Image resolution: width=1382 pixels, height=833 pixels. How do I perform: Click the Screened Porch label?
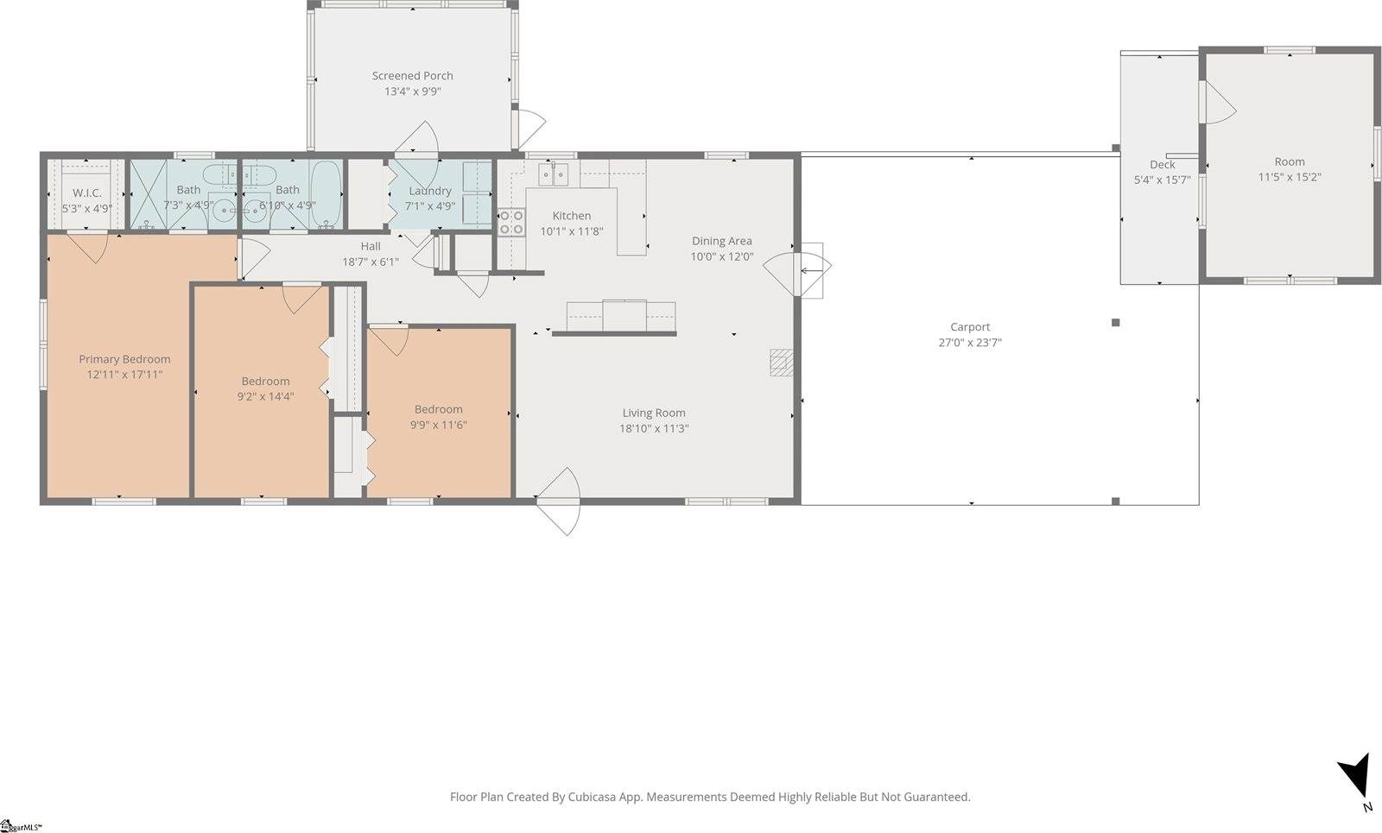412,76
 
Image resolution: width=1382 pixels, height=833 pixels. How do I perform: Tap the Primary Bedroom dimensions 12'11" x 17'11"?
124,375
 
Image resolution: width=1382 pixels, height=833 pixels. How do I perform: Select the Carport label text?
970,327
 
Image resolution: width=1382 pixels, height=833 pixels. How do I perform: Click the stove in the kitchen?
511,223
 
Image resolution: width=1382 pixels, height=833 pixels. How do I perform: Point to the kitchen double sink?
554,175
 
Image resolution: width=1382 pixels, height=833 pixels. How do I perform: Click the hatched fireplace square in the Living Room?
782,363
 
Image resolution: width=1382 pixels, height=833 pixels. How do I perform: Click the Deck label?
1162,165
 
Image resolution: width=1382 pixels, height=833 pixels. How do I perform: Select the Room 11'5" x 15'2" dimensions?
1290,177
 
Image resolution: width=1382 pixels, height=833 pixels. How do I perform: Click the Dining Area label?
721,241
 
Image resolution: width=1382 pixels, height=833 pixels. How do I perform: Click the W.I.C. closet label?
86,192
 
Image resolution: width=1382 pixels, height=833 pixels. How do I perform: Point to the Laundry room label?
429,191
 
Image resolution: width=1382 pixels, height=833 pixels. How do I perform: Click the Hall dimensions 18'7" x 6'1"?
371,262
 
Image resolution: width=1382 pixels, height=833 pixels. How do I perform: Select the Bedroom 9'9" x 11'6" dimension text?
438,425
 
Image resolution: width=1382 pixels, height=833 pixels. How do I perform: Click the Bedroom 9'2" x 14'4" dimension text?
265,397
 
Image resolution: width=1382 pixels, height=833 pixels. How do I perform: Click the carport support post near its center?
1115,323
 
